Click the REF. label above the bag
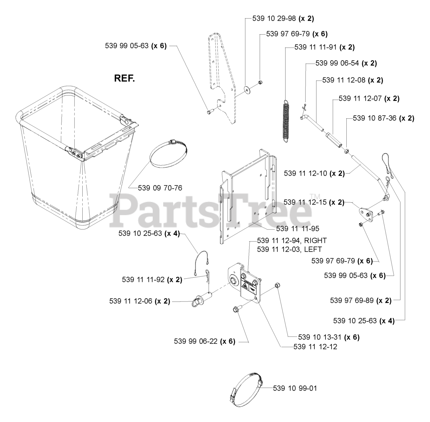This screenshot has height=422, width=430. pos(124,79)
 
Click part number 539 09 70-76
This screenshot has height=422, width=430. pos(160,188)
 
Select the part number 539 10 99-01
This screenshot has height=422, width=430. pos(295,388)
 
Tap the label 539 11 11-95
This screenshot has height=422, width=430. pos(297,228)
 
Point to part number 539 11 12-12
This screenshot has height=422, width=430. pos(315,346)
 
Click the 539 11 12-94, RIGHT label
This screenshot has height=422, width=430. pos(292,241)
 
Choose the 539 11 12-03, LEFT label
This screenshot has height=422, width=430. pos(289,249)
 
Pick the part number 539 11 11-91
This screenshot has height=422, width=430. pos(315,47)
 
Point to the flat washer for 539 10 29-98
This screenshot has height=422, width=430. pos(248,89)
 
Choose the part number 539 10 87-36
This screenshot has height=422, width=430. pos(375,118)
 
